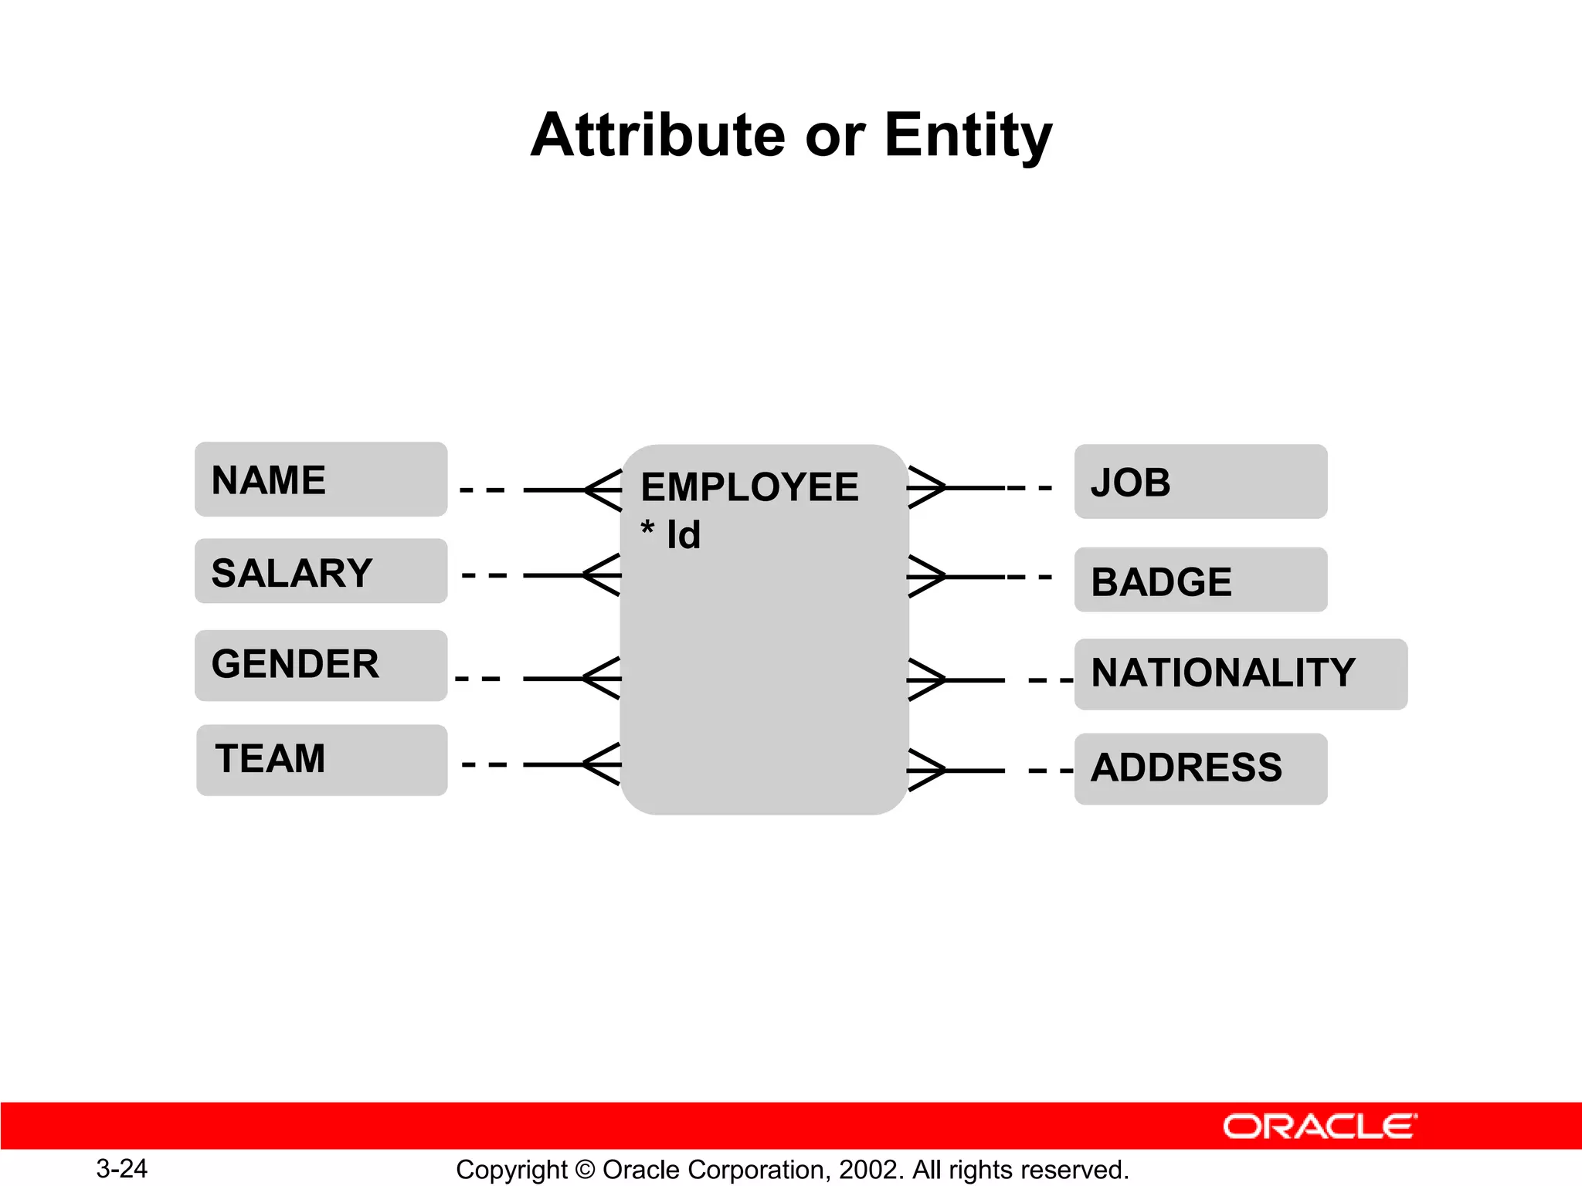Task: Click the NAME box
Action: pos(321,479)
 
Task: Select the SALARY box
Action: pos(321,571)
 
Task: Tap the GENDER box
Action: pos(321,665)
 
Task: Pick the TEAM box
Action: pos(321,760)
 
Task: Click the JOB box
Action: pos(1200,481)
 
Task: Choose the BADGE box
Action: pos(1200,580)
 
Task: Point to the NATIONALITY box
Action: pos(1240,673)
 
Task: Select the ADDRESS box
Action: pos(1200,768)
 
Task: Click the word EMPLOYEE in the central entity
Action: pos(749,487)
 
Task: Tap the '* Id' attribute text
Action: pos(670,534)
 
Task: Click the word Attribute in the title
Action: pos(658,135)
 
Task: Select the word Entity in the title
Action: pos(968,137)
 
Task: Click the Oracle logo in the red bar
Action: pos(1319,1127)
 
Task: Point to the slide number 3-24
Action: pos(121,1169)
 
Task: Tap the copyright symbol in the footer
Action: pos(586,1170)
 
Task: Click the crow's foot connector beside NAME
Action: pos(601,490)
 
